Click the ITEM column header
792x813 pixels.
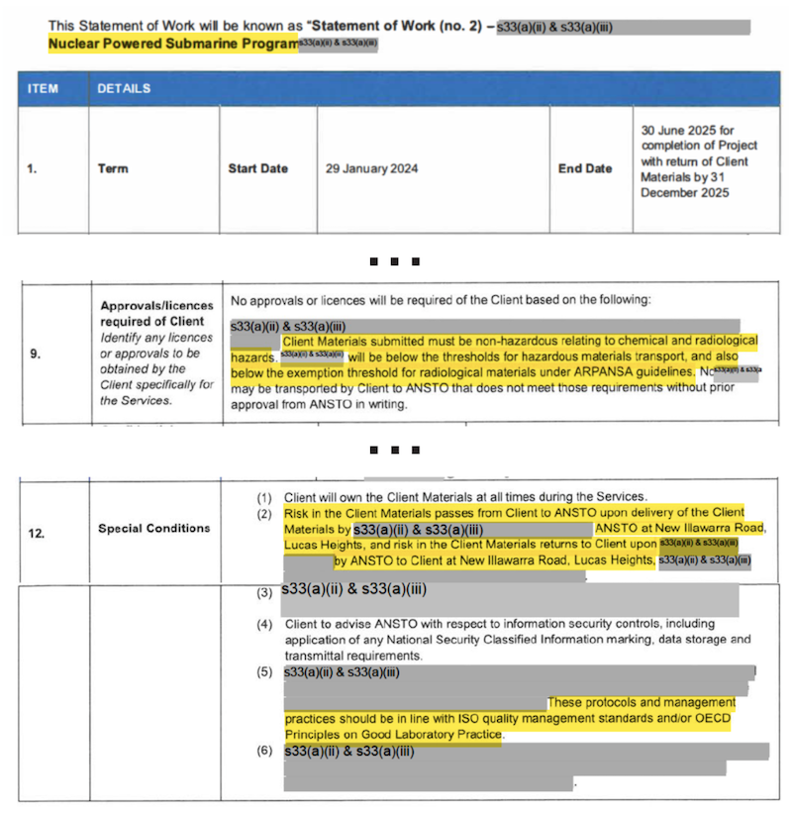point(43,89)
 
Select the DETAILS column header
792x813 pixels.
point(124,89)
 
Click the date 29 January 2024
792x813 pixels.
point(371,168)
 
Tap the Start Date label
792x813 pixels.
point(257,168)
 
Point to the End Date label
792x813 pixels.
point(585,168)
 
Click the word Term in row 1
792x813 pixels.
point(113,168)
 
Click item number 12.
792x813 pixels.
point(37,534)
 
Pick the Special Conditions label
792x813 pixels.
point(153,529)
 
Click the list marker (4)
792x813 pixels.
point(264,625)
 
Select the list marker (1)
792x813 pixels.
point(264,497)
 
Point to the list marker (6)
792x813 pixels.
point(264,752)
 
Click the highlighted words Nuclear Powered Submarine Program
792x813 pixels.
point(172,45)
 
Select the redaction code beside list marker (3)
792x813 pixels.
point(353,591)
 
